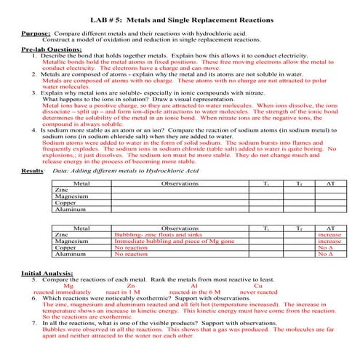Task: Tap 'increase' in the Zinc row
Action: pyautogui.click(x=329, y=236)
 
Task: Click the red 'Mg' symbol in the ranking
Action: pyautogui.click(x=68, y=286)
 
